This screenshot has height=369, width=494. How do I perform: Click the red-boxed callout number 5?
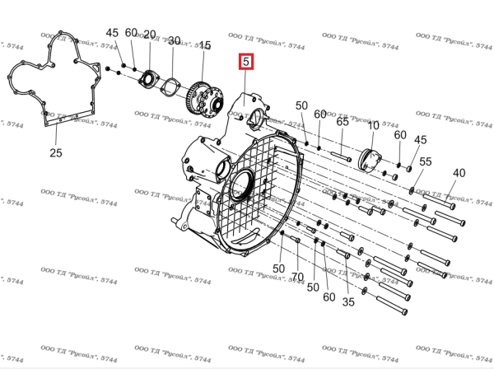coord(245,62)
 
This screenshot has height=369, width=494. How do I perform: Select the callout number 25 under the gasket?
coord(56,153)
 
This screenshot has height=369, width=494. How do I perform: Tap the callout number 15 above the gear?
coord(205,45)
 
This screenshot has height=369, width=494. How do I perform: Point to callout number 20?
coord(150,35)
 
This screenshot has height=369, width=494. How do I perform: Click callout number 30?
coord(174,40)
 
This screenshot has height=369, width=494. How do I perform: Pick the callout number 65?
coord(343,121)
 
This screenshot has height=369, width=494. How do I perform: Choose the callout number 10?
coord(373,126)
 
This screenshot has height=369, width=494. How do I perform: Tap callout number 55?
coord(426,161)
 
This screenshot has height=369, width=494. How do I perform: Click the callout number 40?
coord(459,173)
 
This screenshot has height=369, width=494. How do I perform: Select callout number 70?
coord(297,277)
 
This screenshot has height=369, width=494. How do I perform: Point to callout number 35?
coord(348,302)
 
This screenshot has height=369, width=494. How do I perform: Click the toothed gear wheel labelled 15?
coord(205,100)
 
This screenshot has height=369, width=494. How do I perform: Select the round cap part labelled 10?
coord(370,161)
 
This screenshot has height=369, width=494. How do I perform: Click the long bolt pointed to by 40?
coord(439,201)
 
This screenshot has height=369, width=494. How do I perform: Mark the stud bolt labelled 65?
coord(341,156)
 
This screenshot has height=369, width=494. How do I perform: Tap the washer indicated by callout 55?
coord(412,190)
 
